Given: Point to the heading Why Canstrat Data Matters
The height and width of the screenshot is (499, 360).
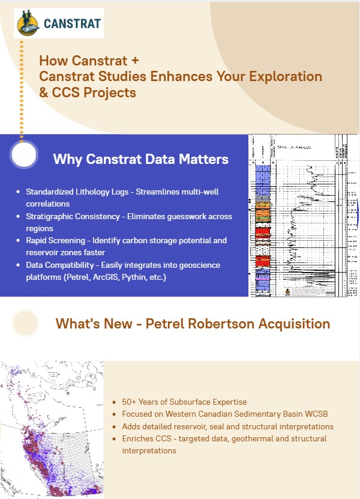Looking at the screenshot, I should (x=140, y=159).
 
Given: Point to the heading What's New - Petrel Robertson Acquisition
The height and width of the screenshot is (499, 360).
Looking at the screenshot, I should (x=193, y=324).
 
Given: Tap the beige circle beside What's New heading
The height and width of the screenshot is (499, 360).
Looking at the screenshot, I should (x=26, y=323).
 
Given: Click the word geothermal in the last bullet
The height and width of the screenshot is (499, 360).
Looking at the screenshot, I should (x=245, y=438).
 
